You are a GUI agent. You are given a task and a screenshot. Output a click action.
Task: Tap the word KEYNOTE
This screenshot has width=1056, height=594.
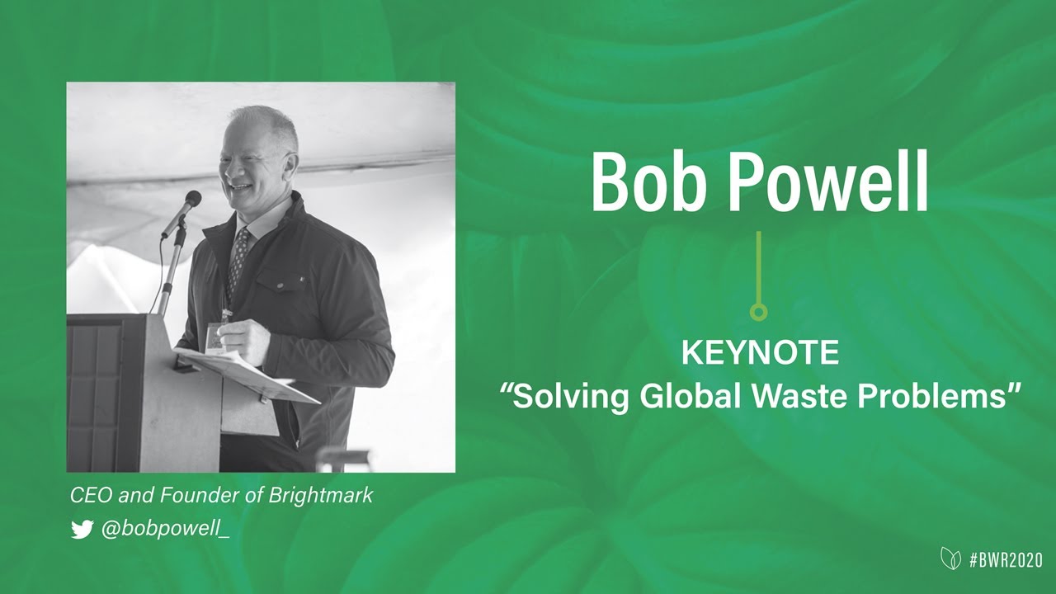pos(760,354)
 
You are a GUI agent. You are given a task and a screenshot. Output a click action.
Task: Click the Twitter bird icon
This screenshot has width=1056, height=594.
pos(82,530)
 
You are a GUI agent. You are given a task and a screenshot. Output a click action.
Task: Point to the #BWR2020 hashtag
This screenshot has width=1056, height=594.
pos(1006,560)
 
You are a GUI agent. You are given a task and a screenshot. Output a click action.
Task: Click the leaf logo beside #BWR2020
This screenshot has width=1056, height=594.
pos(950,559)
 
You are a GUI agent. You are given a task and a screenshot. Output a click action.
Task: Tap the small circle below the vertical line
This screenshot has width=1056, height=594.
pos(759,312)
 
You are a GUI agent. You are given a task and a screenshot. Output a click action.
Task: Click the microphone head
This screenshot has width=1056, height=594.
pos(192,199)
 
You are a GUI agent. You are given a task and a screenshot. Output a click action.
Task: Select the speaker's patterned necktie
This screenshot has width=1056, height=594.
pos(239,256)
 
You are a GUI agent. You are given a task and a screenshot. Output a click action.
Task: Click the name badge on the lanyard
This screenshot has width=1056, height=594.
pos(215,337)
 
